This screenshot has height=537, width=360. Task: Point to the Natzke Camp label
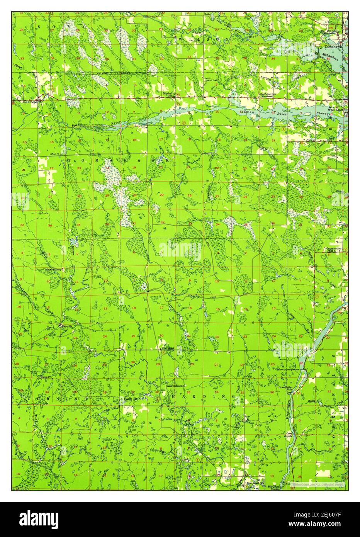coord(54,269)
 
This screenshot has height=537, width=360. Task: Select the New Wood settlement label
coord(168,348)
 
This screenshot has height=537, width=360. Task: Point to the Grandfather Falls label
coord(286,388)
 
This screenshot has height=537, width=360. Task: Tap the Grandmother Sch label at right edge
coord(334,249)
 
